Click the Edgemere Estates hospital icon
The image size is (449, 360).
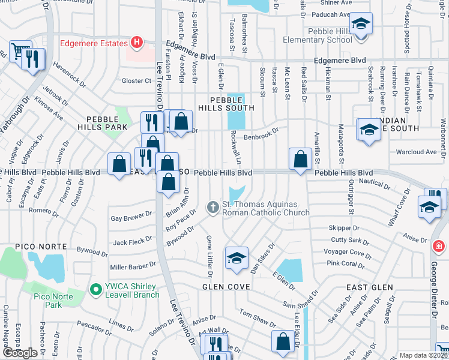coord(137,43)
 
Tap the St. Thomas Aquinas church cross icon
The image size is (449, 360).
coord(212,208)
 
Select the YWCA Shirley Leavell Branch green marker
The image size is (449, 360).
coord(95,290)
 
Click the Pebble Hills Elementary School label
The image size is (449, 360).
coord(330,35)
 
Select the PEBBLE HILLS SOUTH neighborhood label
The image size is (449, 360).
coord(232,103)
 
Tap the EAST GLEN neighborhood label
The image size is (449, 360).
coord(369,287)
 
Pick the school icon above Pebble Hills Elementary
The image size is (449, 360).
coord(361,24)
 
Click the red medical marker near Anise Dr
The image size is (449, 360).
coord(439,247)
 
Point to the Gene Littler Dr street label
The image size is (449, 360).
coord(209,256)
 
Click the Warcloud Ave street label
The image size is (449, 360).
coord(416,152)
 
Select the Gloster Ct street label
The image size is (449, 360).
coord(136,80)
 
